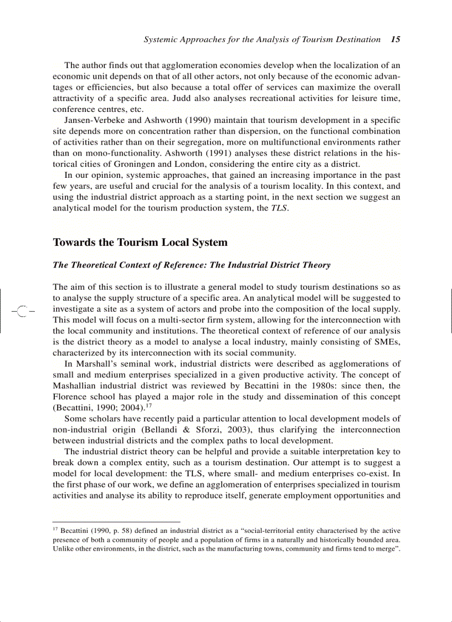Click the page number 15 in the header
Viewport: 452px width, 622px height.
point(395,39)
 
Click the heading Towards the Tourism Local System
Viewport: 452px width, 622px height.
point(140,243)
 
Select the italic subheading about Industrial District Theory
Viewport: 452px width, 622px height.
point(191,265)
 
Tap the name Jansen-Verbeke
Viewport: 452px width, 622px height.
point(95,120)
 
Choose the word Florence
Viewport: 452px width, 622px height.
point(69,397)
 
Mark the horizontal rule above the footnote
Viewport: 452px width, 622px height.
point(116,522)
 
